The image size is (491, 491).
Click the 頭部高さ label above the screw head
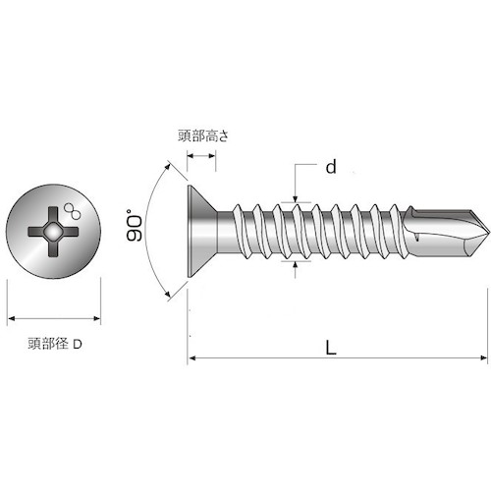click(x=203, y=136)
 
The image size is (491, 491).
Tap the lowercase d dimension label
click(x=331, y=167)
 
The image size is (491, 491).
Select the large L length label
click(x=331, y=348)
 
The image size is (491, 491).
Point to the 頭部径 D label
click(x=55, y=344)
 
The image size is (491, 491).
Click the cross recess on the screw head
click(x=53, y=232)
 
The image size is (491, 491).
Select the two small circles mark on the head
click(x=73, y=211)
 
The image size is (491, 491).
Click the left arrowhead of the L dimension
click(x=192, y=357)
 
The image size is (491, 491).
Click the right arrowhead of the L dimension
click(x=484, y=357)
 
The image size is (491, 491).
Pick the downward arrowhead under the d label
click(x=295, y=198)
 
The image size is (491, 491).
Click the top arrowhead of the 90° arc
click(x=168, y=165)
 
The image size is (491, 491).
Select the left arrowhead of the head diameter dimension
click(x=12, y=318)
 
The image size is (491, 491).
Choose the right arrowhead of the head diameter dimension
click(x=96, y=318)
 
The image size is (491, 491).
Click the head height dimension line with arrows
click(x=201, y=156)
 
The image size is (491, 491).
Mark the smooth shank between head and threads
click(x=226, y=232)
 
